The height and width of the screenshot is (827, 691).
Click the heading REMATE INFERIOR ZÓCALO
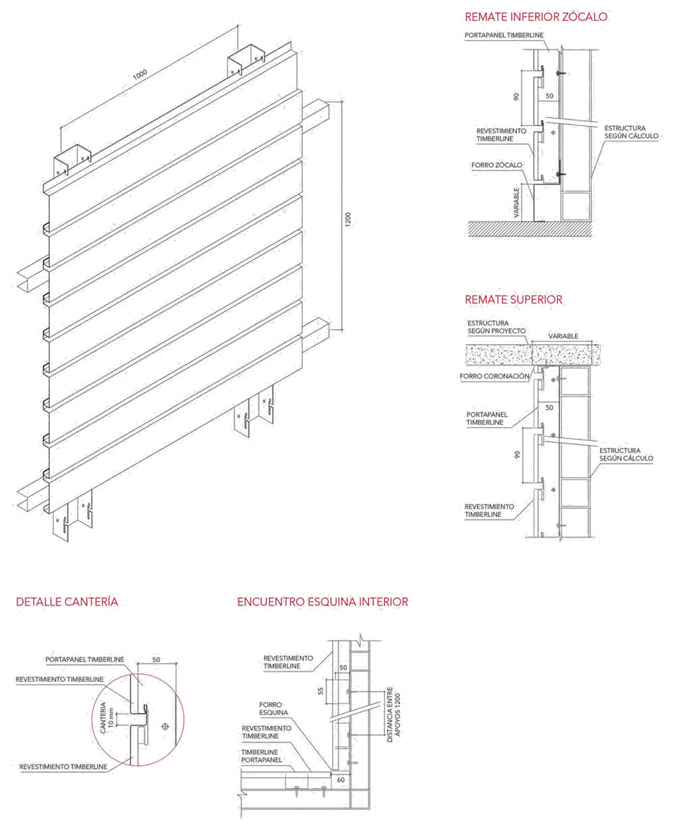(x=536, y=17)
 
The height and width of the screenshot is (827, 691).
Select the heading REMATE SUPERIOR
(x=513, y=300)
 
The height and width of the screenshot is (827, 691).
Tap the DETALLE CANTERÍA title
(x=67, y=602)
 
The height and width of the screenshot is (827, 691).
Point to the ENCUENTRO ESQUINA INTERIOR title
(x=323, y=602)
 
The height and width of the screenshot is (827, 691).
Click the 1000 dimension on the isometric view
(x=140, y=76)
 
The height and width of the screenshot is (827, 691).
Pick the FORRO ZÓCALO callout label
(x=497, y=165)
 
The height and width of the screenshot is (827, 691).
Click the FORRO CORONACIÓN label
(x=494, y=376)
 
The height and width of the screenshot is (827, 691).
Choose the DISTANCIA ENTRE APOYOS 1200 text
(x=393, y=715)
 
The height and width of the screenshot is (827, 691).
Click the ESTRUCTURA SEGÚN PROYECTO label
(x=496, y=327)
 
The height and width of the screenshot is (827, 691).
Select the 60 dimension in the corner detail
(x=340, y=780)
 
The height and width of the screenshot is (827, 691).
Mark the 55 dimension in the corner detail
(x=321, y=691)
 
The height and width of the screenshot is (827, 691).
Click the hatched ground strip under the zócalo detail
(x=530, y=229)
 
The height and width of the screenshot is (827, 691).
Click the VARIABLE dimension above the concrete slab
(x=563, y=336)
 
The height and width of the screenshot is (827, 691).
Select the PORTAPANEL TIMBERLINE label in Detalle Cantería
(x=85, y=660)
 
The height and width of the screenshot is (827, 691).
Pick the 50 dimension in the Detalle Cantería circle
(x=156, y=660)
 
